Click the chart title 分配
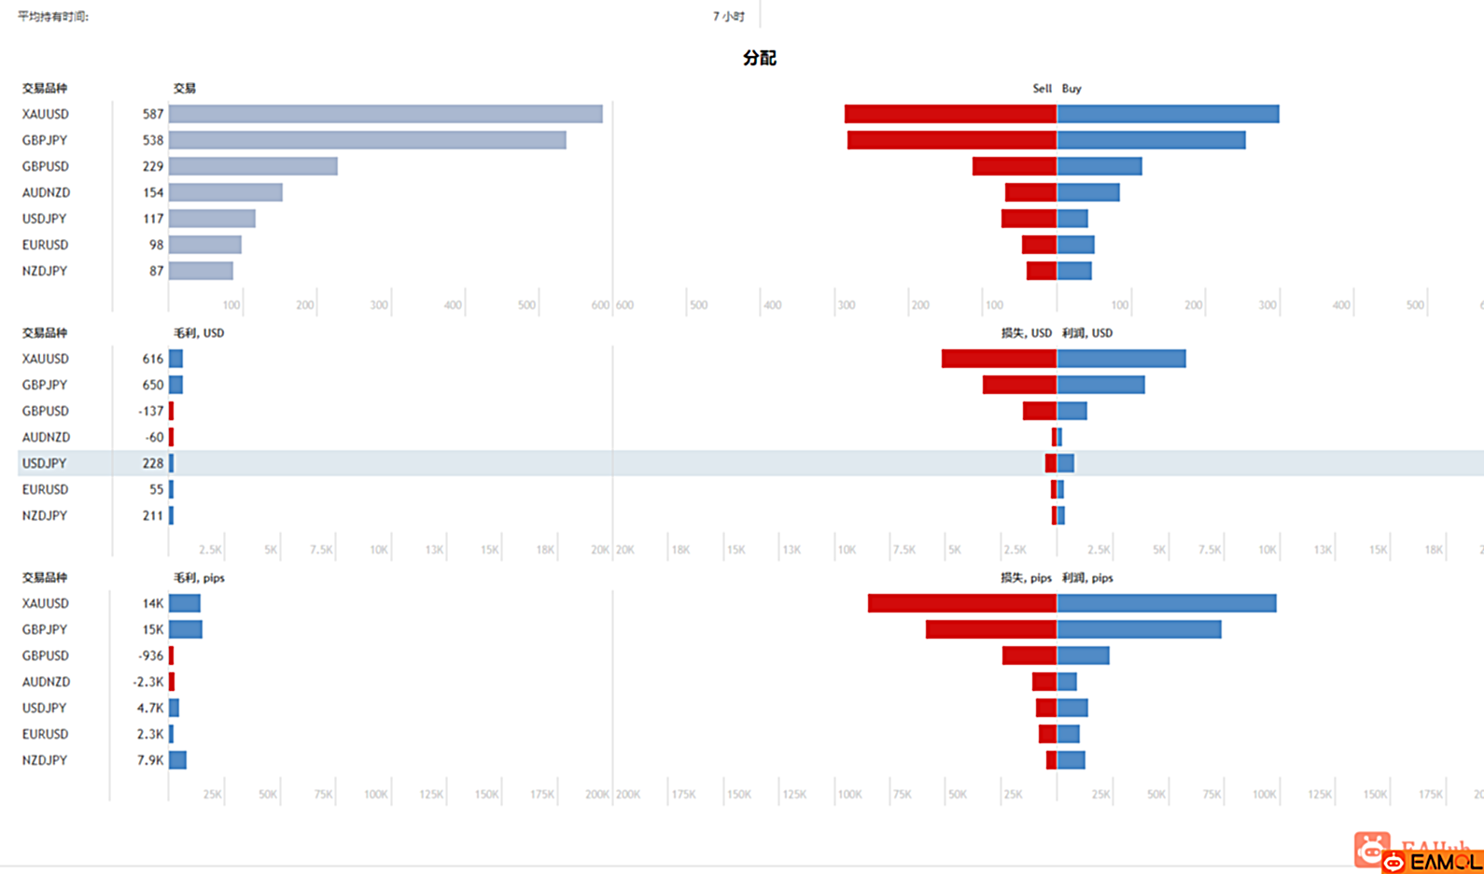(759, 58)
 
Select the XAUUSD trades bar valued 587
(385, 114)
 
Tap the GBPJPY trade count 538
(153, 140)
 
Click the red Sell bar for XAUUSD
(950, 114)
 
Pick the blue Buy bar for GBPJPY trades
(1151, 140)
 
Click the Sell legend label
(1042, 89)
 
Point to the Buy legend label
(1071, 89)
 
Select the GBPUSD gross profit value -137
(150, 411)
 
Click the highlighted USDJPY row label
(45, 463)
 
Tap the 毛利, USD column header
(199, 333)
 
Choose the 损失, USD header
(1026, 333)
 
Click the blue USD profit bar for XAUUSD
(1121, 359)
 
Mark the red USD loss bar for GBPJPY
(1019, 385)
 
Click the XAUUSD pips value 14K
(153, 603)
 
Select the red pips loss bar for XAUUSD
(961, 603)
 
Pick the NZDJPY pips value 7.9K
(150, 760)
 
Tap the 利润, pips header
(1087, 578)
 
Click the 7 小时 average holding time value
(728, 17)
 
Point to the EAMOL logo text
(1443, 862)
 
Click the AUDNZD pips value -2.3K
(148, 682)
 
